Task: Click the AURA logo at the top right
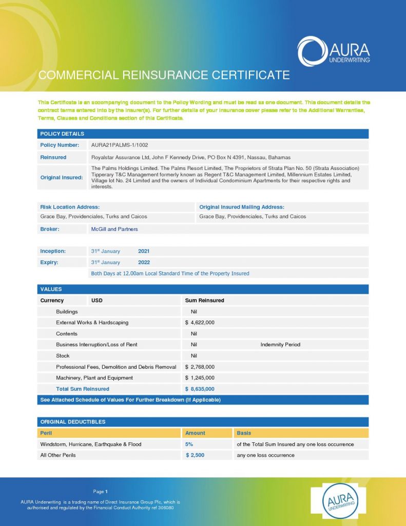333,51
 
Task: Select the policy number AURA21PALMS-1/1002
119,145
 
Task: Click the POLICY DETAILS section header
62,134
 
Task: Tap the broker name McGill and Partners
114,229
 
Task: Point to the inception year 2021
144,251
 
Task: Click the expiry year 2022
144,262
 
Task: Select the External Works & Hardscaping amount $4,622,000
200,323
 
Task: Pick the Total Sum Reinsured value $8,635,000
200,389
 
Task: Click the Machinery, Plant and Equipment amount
200,378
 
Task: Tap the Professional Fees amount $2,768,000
200,367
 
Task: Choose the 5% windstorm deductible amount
189,444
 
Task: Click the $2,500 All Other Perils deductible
195,455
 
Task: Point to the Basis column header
244,433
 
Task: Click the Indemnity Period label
280,345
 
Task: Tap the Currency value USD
97,300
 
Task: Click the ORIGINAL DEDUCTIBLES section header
73,422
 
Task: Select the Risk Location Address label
70,207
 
